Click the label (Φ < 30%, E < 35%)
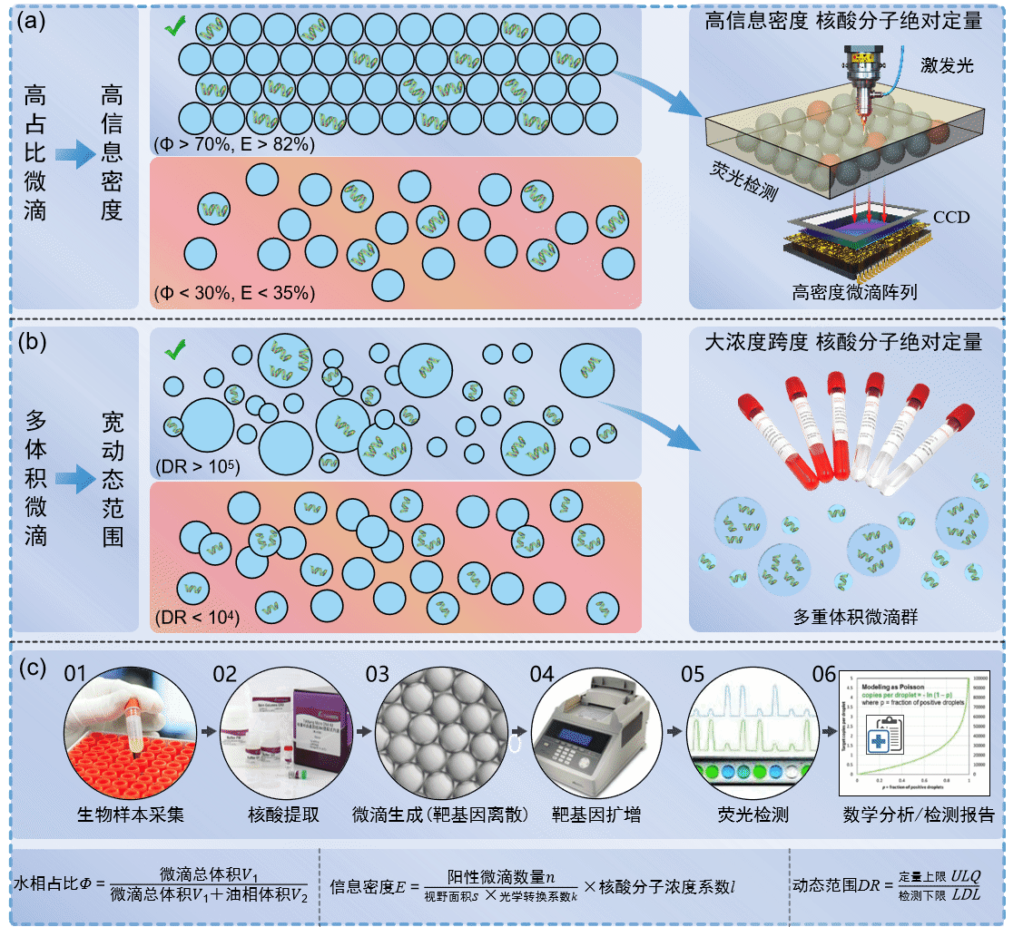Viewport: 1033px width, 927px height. (234, 293)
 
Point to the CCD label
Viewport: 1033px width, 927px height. (951, 218)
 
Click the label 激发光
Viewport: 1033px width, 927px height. (946, 64)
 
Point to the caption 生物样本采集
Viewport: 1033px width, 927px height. (131, 815)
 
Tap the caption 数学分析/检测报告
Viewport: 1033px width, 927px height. (917, 815)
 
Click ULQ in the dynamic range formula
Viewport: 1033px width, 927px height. (965, 877)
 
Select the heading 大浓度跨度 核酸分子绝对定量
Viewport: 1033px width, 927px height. (843, 343)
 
